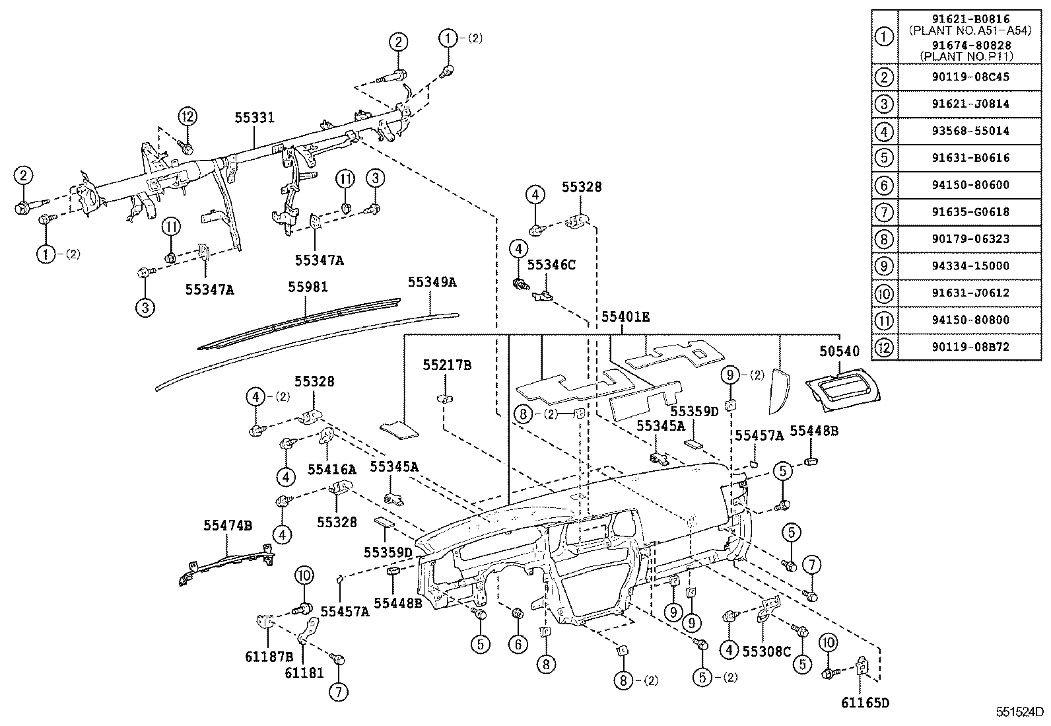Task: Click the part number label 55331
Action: coord(254,118)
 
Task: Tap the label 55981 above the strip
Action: coord(308,287)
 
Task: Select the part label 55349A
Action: coord(432,282)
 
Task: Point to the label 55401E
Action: coord(625,317)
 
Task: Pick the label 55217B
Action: coord(447,365)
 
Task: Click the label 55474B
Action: coord(227,525)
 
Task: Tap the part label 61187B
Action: coord(270,656)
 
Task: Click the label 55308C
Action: coord(766,651)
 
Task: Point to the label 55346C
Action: coord(551,265)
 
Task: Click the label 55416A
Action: coord(331,470)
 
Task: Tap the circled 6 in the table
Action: coord(884,185)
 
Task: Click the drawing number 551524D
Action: coord(1020,713)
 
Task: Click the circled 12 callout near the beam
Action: coord(187,117)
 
